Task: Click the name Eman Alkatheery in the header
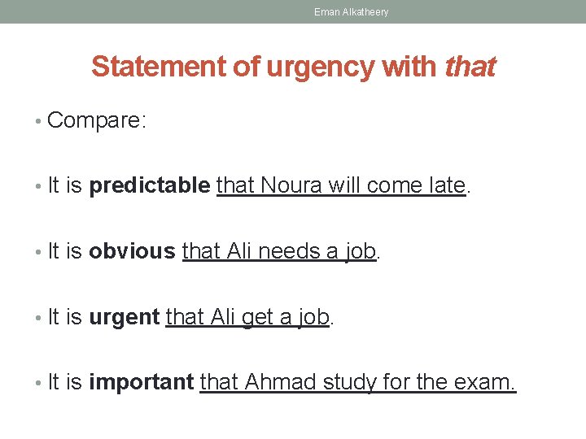pos(351,12)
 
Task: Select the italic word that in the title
pos(470,67)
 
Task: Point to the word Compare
pos(95,121)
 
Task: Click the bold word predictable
pos(149,186)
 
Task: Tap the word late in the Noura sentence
pos(445,186)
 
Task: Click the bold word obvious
pos(132,251)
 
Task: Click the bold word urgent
pos(124,316)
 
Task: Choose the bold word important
pos(141,381)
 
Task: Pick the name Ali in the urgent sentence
pos(222,316)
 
